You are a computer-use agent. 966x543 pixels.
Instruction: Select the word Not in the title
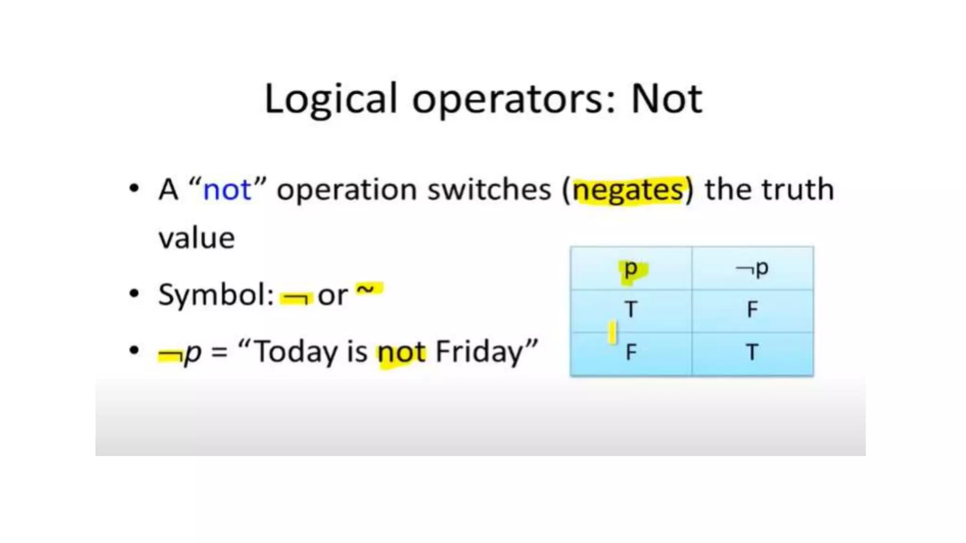click(x=666, y=99)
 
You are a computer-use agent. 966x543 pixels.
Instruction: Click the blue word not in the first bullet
click(x=227, y=190)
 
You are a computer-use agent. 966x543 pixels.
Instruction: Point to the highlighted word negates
click(x=627, y=190)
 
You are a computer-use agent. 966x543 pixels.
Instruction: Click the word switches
click(x=489, y=189)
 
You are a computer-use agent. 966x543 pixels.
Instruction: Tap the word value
click(x=196, y=238)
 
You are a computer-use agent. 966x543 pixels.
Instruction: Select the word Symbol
click(x=215, y=296)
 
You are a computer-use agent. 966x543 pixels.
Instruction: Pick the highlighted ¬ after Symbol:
click(x=296, y=297)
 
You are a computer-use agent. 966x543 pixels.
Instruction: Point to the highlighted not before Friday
click(x=402, y=353)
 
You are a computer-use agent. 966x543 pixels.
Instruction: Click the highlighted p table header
click(x=631, y=269)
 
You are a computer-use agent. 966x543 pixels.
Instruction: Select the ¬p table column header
click(x=752, y=269)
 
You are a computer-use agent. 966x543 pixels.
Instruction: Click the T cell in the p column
click(x=631, y=310)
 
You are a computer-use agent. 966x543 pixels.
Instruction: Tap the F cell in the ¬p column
click(x=752, y=310)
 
